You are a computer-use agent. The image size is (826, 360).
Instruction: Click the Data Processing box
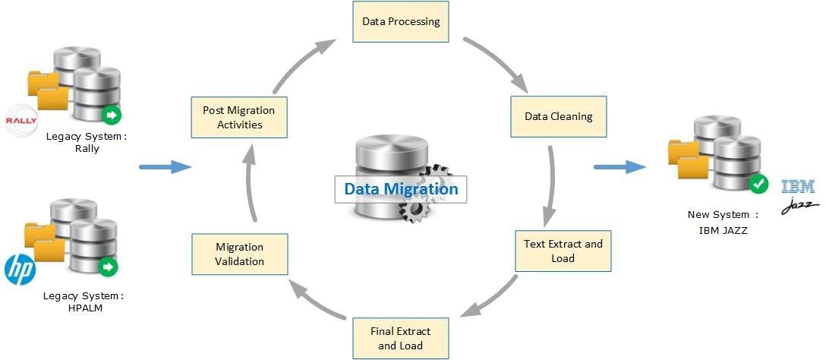(401, 21)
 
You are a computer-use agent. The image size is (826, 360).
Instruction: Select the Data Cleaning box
(559, 116)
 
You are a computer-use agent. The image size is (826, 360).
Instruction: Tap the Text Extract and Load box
(563, 251)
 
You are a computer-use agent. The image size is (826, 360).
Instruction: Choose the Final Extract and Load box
(400, 338)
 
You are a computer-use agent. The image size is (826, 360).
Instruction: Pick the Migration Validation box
(239, 254)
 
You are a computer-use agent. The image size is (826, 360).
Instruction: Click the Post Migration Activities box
(238, 117)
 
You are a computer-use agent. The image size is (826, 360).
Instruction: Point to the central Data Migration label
(401, 188)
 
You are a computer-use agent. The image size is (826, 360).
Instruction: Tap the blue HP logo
(20, 270)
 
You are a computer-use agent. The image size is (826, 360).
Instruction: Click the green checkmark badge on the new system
(758, 184)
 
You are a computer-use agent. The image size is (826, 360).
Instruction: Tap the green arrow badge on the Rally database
(112, 115)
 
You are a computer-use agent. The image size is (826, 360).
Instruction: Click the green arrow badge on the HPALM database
(109, 267)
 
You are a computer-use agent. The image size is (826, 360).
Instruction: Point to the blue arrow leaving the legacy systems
(165, 166)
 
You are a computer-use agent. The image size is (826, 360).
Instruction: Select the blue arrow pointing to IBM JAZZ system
(618, 166)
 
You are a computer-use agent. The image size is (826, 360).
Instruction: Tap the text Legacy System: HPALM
(84, 301)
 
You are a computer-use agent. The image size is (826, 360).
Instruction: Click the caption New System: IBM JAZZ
(723, 222)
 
